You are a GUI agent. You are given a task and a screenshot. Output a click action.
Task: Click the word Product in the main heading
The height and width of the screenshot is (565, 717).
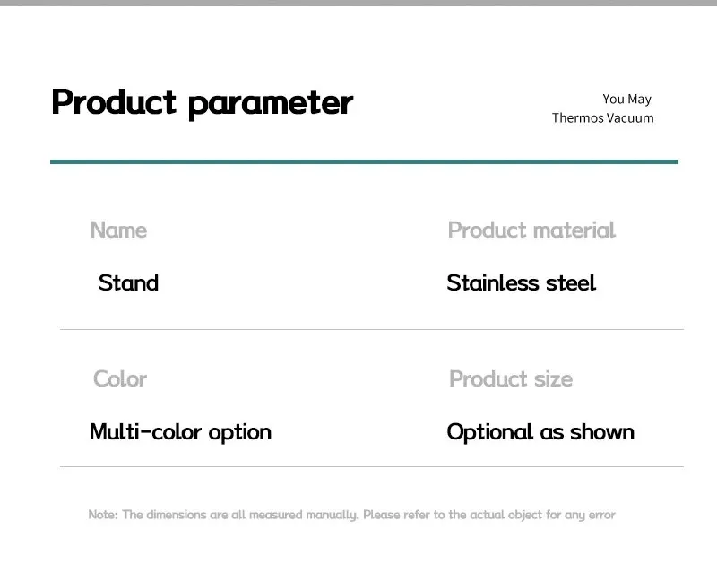coord(114,101)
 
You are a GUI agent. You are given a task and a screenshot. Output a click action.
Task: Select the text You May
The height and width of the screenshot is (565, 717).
coord(626,100)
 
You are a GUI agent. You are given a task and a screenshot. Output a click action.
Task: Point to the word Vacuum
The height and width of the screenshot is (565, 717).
coord(630,118)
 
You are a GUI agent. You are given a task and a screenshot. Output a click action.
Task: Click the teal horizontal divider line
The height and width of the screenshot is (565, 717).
coord(364,161)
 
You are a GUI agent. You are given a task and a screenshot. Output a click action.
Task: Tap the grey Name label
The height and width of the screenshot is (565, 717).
coord(119,230)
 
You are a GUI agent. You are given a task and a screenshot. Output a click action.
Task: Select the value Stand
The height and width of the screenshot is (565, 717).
coord(128,282)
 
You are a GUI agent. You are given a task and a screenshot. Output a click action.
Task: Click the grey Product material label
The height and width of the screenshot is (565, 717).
coord(531,230)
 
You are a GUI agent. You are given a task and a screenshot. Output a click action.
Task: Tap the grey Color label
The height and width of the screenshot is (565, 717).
coord(120,378)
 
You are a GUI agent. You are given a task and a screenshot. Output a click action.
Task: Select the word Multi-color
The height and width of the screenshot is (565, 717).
coord(145,432)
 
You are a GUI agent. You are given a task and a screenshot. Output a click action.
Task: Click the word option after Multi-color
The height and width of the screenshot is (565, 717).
coord(240,433)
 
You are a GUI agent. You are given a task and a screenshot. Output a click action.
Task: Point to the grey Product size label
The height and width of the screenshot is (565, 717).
coord(511,378)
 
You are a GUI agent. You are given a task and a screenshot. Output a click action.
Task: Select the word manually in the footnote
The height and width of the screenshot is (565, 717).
coord(332,515)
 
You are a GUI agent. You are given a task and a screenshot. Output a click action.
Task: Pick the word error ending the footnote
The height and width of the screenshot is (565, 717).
coord(601,515)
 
